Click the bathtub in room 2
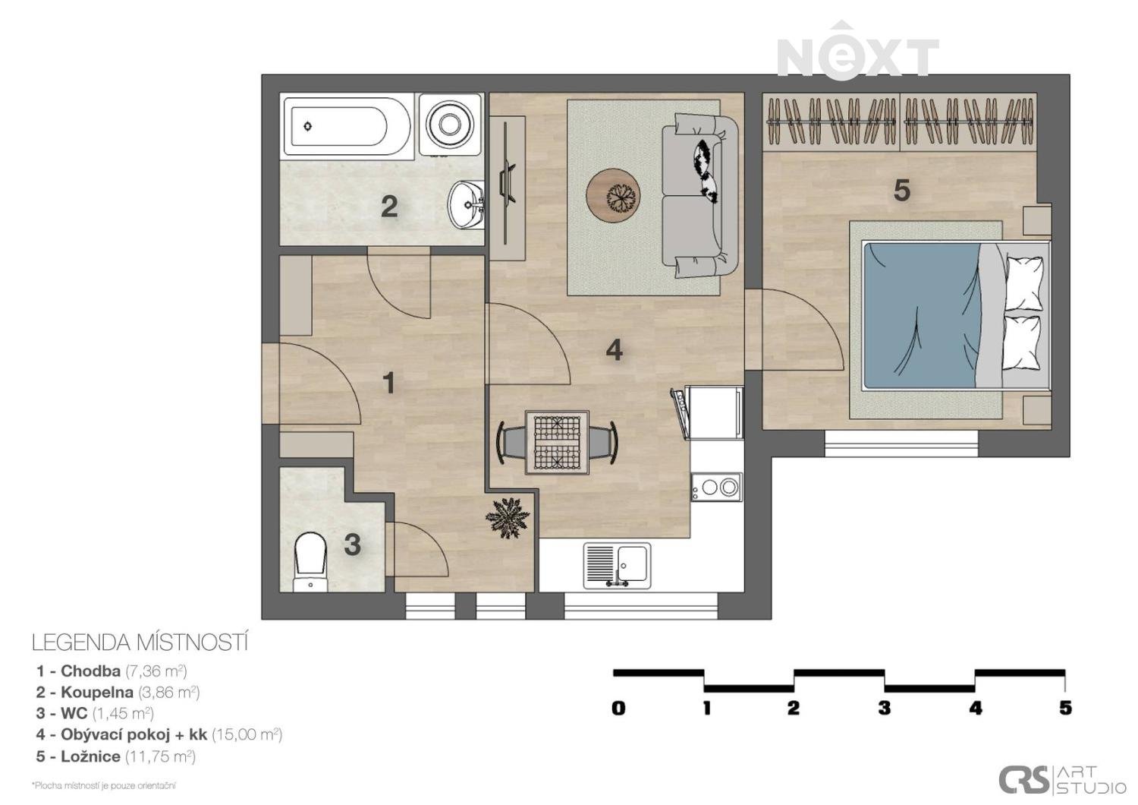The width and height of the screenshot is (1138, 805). [347, 126]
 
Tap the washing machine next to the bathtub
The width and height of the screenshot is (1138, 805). [450, 124]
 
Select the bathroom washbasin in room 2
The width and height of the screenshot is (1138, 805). [465, 206]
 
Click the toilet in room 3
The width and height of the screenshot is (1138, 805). [310, 562]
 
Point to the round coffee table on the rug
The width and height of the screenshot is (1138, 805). [613, 195]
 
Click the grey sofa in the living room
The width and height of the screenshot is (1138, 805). [700, 196]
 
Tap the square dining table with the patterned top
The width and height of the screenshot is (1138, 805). [558, 443]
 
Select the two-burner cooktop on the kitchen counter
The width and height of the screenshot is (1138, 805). [716, 488]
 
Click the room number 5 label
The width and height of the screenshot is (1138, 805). [902, 191]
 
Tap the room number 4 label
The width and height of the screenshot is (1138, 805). [615, 350]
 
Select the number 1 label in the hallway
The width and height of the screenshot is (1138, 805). [388, 383]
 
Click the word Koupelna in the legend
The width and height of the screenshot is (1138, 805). [97, 692]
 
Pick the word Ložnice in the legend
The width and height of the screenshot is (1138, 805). [90, 756]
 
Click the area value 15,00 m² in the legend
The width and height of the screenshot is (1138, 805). [247, 735]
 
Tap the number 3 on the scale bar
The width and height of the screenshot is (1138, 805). [885, 709]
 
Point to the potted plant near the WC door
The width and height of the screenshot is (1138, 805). [508, 518]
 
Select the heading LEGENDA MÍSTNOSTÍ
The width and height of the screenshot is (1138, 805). [140, 643]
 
